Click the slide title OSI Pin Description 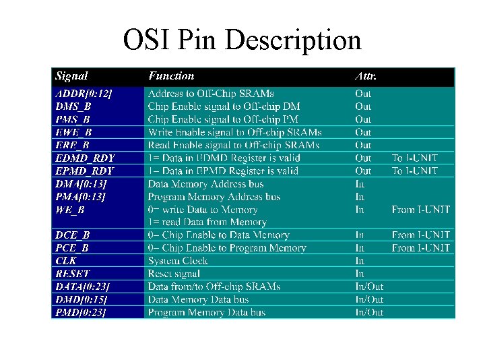[242, 40]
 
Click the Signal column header [71, 76]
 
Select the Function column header [171, 76]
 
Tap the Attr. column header [366, 76]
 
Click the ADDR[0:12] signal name [84, 94]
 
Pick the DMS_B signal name [73, 107]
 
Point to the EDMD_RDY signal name [85, 158]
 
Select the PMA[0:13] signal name [81, 197]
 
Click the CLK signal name [66, 261]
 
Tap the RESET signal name [73, 274]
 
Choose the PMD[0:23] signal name [81, 312]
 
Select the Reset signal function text [174, 274]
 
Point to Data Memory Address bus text [205, 184]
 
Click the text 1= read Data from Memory [207, 222]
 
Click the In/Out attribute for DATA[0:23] [369, 286]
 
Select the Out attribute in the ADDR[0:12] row [363, 94]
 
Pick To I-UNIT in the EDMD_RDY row [415, 158]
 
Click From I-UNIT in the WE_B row [421, 210]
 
